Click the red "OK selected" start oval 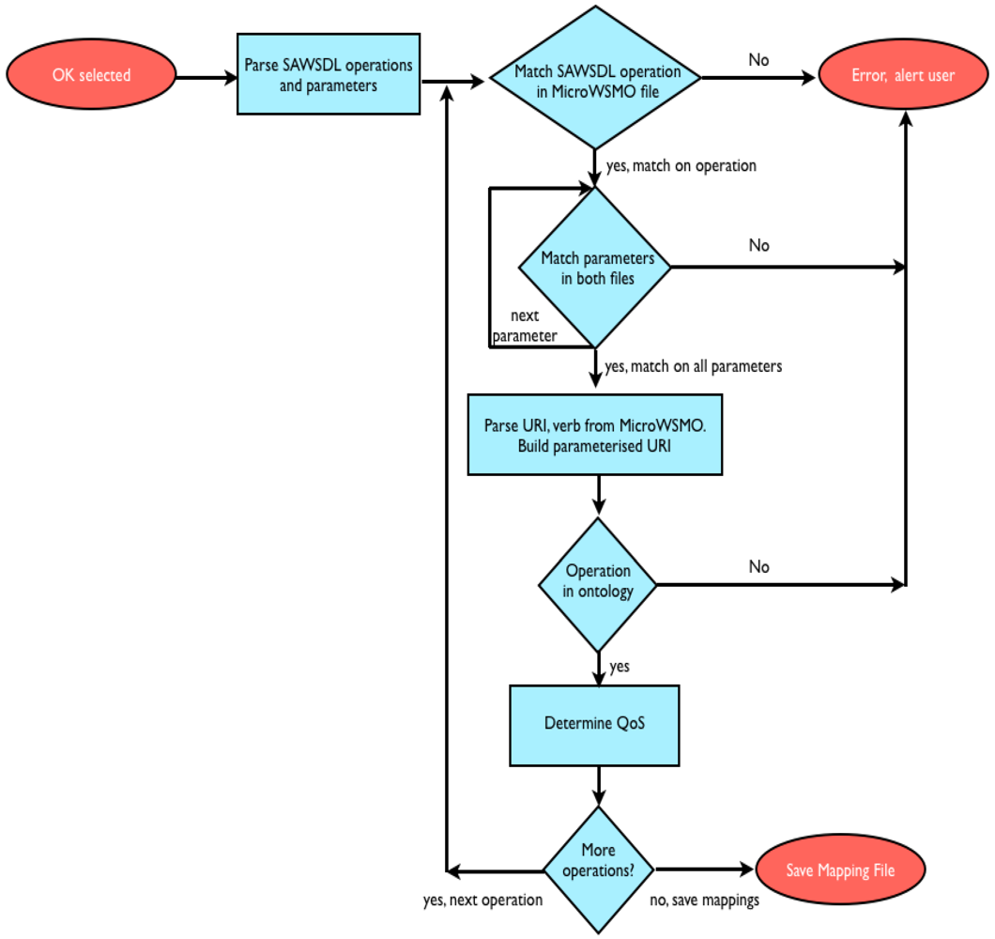pyautogui.click(x=91, y=75)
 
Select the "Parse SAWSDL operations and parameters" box pyautogui.click(x=328, y=74)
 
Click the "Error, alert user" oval pyautogui.click(x=902, y=75)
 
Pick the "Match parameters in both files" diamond pyautogui.click(x=594, y=267)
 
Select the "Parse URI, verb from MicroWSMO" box pyautogui.click(x=594, y=435)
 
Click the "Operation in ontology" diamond pyautogui.click(x=598, y=581)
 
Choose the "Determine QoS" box pyautogui.click(x=594, y=724)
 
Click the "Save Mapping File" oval pyautogui.click(x=840, y=870)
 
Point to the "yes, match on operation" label pyautogui.click(x=681, y=166)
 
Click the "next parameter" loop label pyautogui.click(x=526, y=326)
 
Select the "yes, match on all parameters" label pyautogui.click(x=693, y=366)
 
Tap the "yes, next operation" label pyautogui.click(x=482, y=900)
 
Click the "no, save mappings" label pyautogui.click(x=704, y=900)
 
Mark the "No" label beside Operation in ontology pyautogui.click(x=758, y=567)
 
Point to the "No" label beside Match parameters pyautogui.click(x=758, y=245)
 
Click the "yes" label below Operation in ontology pyautogui.click(x=619, y=667)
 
